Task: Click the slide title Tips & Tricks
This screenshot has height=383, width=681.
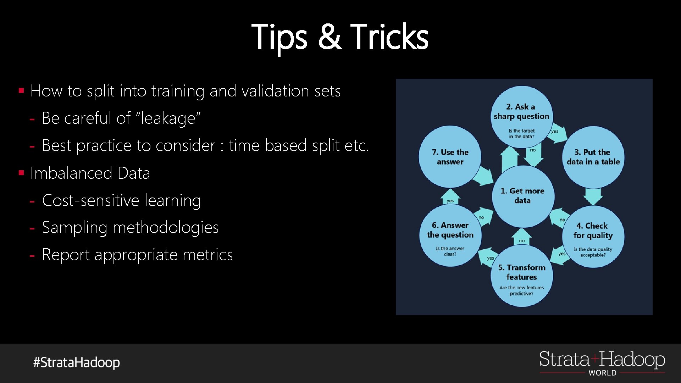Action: [340, 37]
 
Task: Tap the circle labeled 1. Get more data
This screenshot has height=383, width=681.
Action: [522, 196]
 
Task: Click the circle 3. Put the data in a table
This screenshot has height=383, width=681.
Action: [593, 157]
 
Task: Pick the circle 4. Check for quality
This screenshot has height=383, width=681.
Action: [593, 236]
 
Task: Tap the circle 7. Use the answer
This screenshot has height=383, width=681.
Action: [450, 157]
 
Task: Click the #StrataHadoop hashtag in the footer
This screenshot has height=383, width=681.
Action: [77, 362]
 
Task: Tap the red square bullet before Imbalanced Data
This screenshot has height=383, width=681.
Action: [22, 173]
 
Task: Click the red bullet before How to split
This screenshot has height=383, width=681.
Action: [22, 91]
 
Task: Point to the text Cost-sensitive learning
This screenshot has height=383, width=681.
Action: [121, 200]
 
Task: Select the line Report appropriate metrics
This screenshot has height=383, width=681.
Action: [137, 255]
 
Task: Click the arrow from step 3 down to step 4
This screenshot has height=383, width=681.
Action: [593, 196]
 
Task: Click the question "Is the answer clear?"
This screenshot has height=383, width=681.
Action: [450, 251]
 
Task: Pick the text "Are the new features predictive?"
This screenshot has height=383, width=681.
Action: [521, 290]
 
